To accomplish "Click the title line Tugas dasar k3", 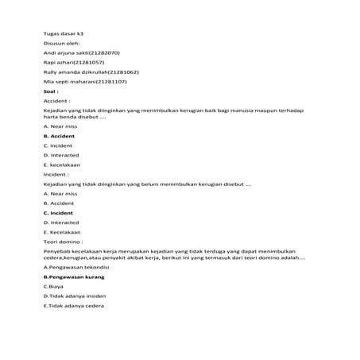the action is pyautogui.click(x=63, y=34).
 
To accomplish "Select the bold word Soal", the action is pyautogui.click(x=50, y=91).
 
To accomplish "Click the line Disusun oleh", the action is pyautogui.click(x=60, y=43).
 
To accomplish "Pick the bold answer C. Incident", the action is pyautogui.click(x=58, y=213).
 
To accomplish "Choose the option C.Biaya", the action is pyautogui.click(x=54, y=286).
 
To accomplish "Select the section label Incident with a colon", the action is pyautogui.click(x=56, y=174).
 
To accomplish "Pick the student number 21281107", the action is pyautogui.click(x=111, y=82).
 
